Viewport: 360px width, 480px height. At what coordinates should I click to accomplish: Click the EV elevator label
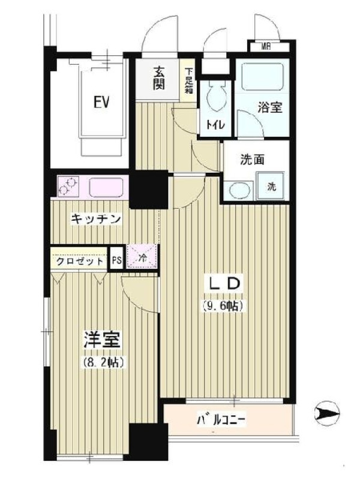pyautogui.click(x=101, y=102)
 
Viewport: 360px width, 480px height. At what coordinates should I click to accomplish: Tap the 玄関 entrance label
pyautogui.click(x=158, y=79)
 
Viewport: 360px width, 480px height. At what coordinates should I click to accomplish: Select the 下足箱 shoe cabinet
pyautogui.click(x=188, y=80)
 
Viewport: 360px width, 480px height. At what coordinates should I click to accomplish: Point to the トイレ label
pyautogui.click(x=215, y=124)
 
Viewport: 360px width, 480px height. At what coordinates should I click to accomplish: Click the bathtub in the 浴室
pyautogui.click(x=262, y=76)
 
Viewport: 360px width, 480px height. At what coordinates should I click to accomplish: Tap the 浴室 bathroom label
pyautogui.click(x=269, y=107)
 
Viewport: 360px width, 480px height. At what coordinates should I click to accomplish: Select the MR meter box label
pyautogui.click(x=266, y=47)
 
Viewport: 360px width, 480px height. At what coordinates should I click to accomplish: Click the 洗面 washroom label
pyautogui.click(x=252, y=160)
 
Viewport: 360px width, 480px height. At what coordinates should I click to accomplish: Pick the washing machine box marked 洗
pyautogui.click(x=271, y=186)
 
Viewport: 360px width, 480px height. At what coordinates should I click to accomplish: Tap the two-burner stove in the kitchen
pyautogui.click(x=68, y=186)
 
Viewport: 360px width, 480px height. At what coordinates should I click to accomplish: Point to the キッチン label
pyautogui.click(x=96, y=219)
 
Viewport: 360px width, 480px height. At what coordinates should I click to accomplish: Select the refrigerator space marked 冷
pyautogui.click(x=142, y=257)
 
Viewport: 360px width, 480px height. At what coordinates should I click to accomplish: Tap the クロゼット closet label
pyautogui.click(x=80, y=261)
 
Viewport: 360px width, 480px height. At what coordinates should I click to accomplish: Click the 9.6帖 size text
pyautogui.click(x=223, y=305)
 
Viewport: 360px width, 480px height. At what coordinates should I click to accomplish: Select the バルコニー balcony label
pyautogui.click(x=221, y=421)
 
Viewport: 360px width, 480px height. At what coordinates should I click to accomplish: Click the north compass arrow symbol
pyautogui.click(x=327, y=413)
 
